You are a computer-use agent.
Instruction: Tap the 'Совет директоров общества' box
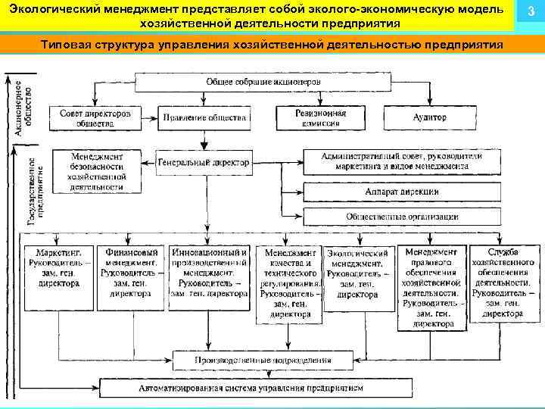[x=95, y=117]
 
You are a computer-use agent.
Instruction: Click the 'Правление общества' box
[x=204, y=118]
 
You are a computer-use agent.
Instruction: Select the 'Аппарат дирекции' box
[x=402, y=192]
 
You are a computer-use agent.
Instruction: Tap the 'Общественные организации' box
[x=402, y=216]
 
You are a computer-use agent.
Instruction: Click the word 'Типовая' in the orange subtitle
[x=70, y=43]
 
